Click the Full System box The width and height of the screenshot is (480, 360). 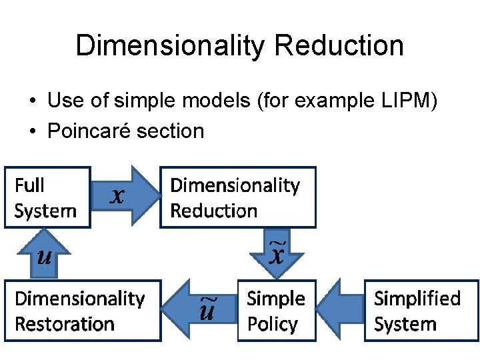(47, 197)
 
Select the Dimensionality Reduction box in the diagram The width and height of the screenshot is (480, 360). (237, 197)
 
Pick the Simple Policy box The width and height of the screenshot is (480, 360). (275, 311)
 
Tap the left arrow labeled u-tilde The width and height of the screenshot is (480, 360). (199, 311)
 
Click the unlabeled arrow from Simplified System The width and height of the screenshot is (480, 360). (340, 311)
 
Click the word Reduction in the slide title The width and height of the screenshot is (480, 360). (339, 45)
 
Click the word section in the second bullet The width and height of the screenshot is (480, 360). (170, 131)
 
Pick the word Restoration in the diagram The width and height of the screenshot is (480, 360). (64, 325)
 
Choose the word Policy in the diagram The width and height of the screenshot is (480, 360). (272, 325)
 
